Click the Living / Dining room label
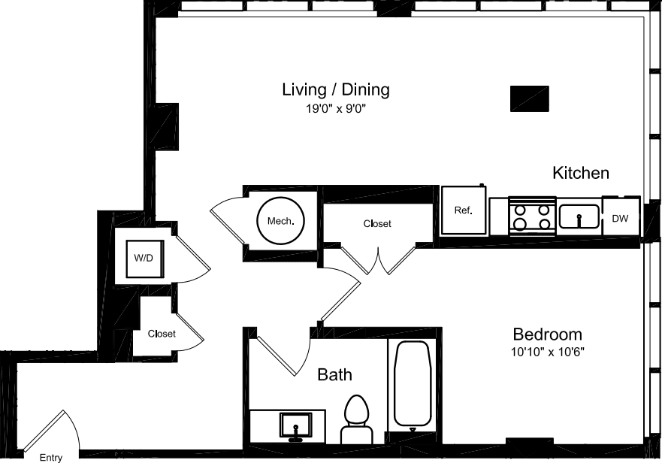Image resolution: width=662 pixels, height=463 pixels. pyautogui.click(x=336, y=90)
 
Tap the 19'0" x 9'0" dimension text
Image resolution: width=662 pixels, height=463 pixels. pyautogui.click(x=336, y=110)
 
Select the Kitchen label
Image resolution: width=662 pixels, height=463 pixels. pyautogui.click(x=580, y=173)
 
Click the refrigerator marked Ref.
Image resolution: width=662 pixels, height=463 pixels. pyautogui.click(x=463, y=210)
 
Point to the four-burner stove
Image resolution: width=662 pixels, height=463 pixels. pyautogui.click(x=532, y=216)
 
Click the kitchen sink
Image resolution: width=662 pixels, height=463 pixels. pyautogui.click(x=579, y=216)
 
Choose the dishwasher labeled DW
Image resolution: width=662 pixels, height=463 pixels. pyautogui.click(x=620, y=218)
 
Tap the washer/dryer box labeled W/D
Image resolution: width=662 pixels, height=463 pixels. pyautogui.click(x=144, y=259)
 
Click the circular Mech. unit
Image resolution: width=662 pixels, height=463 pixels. pyautogui.click(x=280, y=222)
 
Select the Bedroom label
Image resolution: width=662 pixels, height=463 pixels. pyautogui.click(x=547, y=334)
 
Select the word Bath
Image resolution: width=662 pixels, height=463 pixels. pyautogui.click(x=334, y=374)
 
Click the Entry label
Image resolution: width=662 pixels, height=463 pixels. pyautogui.click(x=51, y=457)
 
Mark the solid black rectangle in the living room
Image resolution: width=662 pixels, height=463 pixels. pyautogui.click(x=529, y=98)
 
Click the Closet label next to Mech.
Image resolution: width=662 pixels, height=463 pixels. pyautogui.click(x=377, y=224)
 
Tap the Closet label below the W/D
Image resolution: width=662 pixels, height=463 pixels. pyautogui.click(x=162, y=334)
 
